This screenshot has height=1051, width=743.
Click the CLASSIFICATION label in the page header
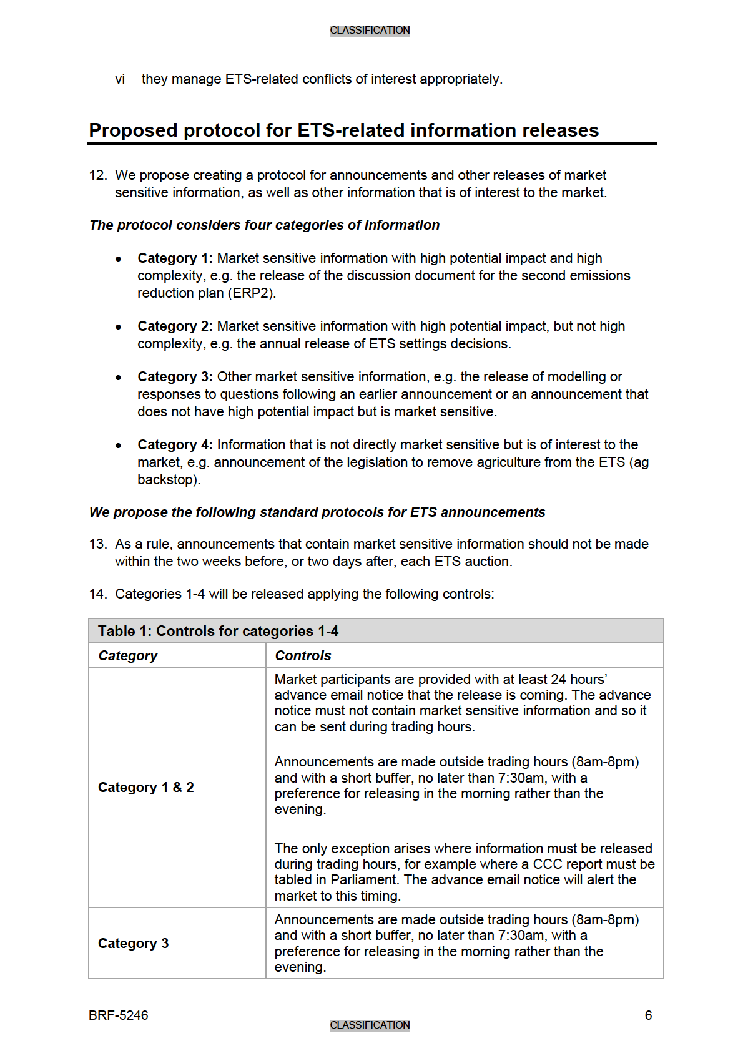[370, 30]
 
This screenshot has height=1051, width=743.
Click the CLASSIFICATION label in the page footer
[370, 1025]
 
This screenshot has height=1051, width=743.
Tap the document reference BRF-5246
[119, 1015]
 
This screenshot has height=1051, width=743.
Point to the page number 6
[648, 1015]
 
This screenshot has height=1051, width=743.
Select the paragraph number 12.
[98, 175]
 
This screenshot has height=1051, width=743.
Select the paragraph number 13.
[98, 544]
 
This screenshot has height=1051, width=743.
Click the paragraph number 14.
[98, 594]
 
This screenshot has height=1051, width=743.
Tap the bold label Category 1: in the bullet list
[175, 258]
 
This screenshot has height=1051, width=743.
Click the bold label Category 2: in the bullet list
[175, 326]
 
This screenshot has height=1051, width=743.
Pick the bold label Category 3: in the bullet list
[175, 377]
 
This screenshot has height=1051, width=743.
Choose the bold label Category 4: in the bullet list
[175, 445]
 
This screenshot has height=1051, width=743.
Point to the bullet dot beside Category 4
[119, 446]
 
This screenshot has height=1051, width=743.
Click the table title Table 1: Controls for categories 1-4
[218, 631]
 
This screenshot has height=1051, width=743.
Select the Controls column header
[303, 655]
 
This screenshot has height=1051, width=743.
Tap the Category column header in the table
[128, 655]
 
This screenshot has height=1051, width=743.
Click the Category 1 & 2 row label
[146, 788]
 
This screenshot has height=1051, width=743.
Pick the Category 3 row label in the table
[133, 943]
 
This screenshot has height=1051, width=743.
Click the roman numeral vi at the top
[120, 79]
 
